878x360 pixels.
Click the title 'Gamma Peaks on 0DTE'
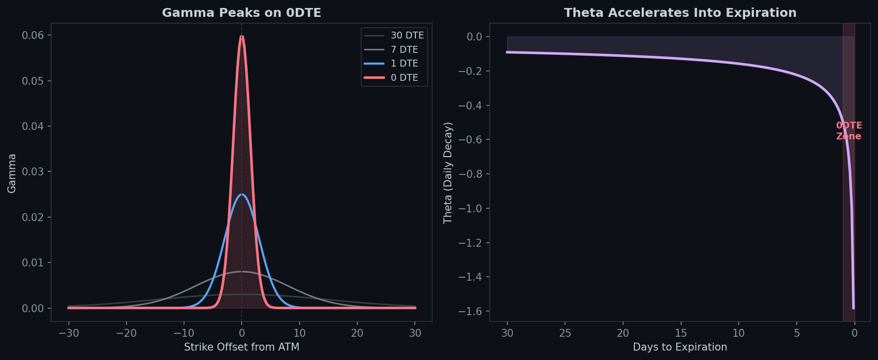241,13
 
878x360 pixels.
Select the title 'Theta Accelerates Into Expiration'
680,13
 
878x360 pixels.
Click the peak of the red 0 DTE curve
241,36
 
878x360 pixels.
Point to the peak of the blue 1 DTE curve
241,194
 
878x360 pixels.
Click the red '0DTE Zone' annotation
849,131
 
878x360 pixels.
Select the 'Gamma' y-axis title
12,173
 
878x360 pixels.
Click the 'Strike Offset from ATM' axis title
241,347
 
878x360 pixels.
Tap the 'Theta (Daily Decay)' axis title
448,173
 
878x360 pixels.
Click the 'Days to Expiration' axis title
680,347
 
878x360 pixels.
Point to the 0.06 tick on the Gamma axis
33,36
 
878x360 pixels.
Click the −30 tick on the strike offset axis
68,333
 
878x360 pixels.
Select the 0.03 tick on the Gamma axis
33,172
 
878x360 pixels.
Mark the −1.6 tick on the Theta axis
470,312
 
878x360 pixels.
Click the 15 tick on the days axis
680,333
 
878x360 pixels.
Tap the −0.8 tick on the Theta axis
470,175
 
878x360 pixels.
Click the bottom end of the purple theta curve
853,308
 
